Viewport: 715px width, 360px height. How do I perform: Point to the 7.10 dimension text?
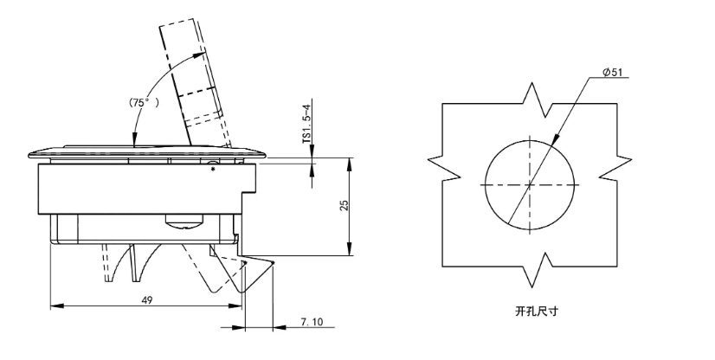pyautogui.click(x=312, y=322)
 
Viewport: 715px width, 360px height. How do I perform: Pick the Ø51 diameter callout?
pyautogui.click(x=612, y=73)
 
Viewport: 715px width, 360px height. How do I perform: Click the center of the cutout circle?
pyautogui.click(x=530, y=185)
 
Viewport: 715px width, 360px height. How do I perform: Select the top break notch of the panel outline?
pyautogui.click(x=530, y=95)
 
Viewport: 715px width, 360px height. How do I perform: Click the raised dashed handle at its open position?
pyautogui.click(x=194, y=78)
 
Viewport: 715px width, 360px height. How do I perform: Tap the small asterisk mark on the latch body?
pyautogui.click(x=213, y=170)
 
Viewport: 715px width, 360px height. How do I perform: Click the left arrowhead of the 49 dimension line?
pyautogui.click(x=53, y=305)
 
